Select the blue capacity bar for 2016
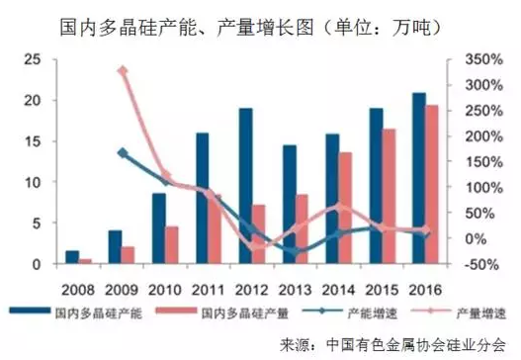click(x=419, y=179)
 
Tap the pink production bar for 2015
click(x=389, y=197)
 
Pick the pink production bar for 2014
click(x=345, y=209)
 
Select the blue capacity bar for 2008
click(x=72, y=257)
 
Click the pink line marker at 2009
click(x=123, y=71)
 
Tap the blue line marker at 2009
click(x=123, y=153)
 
